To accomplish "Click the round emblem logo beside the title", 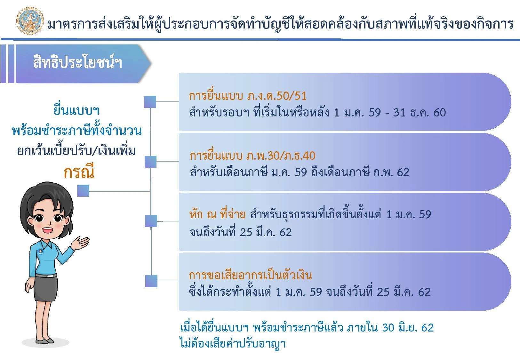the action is click(30, 21).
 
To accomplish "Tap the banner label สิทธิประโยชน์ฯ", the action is click(77, 62).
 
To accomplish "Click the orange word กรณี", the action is click(79, 172).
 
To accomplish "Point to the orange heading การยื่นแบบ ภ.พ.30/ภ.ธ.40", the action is click(252, 155).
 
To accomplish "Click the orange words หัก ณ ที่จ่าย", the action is click(218, 214).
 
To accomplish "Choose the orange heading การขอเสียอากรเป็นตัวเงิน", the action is click(251, 275).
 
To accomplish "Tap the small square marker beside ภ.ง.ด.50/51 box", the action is click(150, 102).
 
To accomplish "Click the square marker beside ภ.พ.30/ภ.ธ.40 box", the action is click(150, 162).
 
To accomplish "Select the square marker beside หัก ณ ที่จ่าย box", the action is click(151, 221).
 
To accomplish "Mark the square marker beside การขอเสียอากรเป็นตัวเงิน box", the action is click(151, 281).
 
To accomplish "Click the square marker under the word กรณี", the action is click(83, 191).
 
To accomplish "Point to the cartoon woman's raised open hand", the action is click(81, 243).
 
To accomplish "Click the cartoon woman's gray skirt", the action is click(45, 288).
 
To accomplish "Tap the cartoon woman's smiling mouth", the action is click(48, 230).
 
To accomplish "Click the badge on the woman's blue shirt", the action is click(41, 252).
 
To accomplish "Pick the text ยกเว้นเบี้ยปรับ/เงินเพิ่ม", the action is click(76, 150).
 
